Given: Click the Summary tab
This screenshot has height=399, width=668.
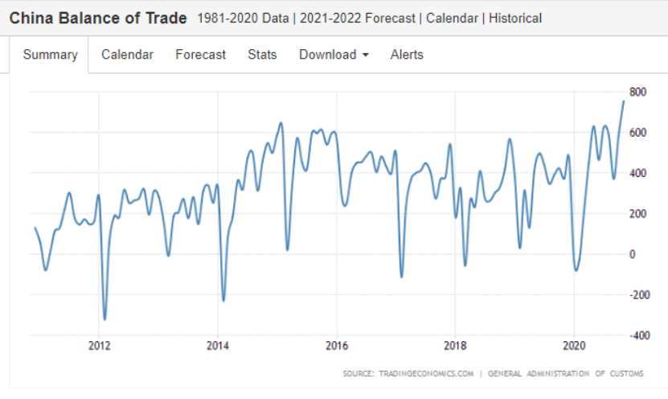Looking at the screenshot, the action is tap(51, 55).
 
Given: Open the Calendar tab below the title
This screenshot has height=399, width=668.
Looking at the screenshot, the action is tap(127, 55).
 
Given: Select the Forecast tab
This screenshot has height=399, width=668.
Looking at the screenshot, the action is tap(201, 55).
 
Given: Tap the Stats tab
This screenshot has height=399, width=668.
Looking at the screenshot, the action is tap(262, 55).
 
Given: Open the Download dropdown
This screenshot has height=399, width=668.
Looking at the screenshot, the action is tap(334, 55).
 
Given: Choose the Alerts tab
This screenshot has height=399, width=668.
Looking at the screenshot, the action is tap(407, 55).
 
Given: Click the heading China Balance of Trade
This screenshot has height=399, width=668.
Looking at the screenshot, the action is tap(98, 19).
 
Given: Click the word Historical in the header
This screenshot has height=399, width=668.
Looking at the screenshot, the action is tap(515, 19).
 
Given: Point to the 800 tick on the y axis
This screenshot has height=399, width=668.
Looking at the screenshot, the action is tap(637, 92).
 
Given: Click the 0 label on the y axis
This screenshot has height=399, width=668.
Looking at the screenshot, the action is tap(632, 254).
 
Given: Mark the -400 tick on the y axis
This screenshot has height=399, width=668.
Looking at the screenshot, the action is tap(640, 335).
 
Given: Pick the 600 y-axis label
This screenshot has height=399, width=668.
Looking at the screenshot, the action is tap(637, 133).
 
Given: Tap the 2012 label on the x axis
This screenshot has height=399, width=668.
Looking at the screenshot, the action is tap(99, 345).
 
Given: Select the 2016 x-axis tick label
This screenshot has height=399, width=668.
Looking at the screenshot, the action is tap(337, 345).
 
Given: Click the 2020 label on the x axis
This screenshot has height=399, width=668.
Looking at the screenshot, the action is tap(574, 345).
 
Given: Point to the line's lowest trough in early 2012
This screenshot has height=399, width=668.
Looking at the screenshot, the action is tap(105, 319).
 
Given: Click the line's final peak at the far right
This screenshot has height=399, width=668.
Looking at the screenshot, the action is tap(624, 101).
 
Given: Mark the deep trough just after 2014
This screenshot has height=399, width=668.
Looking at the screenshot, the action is tap(223, 301).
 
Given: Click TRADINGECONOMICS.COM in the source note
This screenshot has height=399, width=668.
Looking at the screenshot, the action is tap(426, 373).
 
